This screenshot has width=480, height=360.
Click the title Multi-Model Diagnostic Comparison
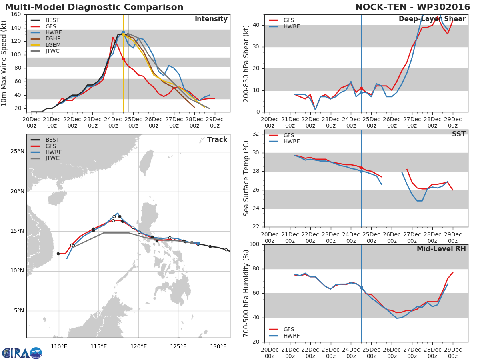click(x=94, y=7)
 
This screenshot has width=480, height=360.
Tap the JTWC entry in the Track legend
click(x=52, y=158)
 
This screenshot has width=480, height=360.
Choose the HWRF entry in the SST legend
click(x=291, y=141)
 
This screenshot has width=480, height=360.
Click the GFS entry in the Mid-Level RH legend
click(x=288, y=329)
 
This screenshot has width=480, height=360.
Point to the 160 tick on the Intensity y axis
click(x=16, y=14)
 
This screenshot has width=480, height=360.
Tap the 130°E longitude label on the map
click(x=218, y=346)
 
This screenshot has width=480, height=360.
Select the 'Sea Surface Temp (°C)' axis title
click(x=246, y=178)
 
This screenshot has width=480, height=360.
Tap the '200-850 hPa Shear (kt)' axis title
click(x=246, y=63)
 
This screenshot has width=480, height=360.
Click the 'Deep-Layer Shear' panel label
click(x=432, y=19)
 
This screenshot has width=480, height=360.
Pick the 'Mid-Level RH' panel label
click(x=441, y=249)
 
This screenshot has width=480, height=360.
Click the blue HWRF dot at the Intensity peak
click(x=123, y=32)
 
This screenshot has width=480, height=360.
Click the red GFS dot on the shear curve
click(x=361, y=88)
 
